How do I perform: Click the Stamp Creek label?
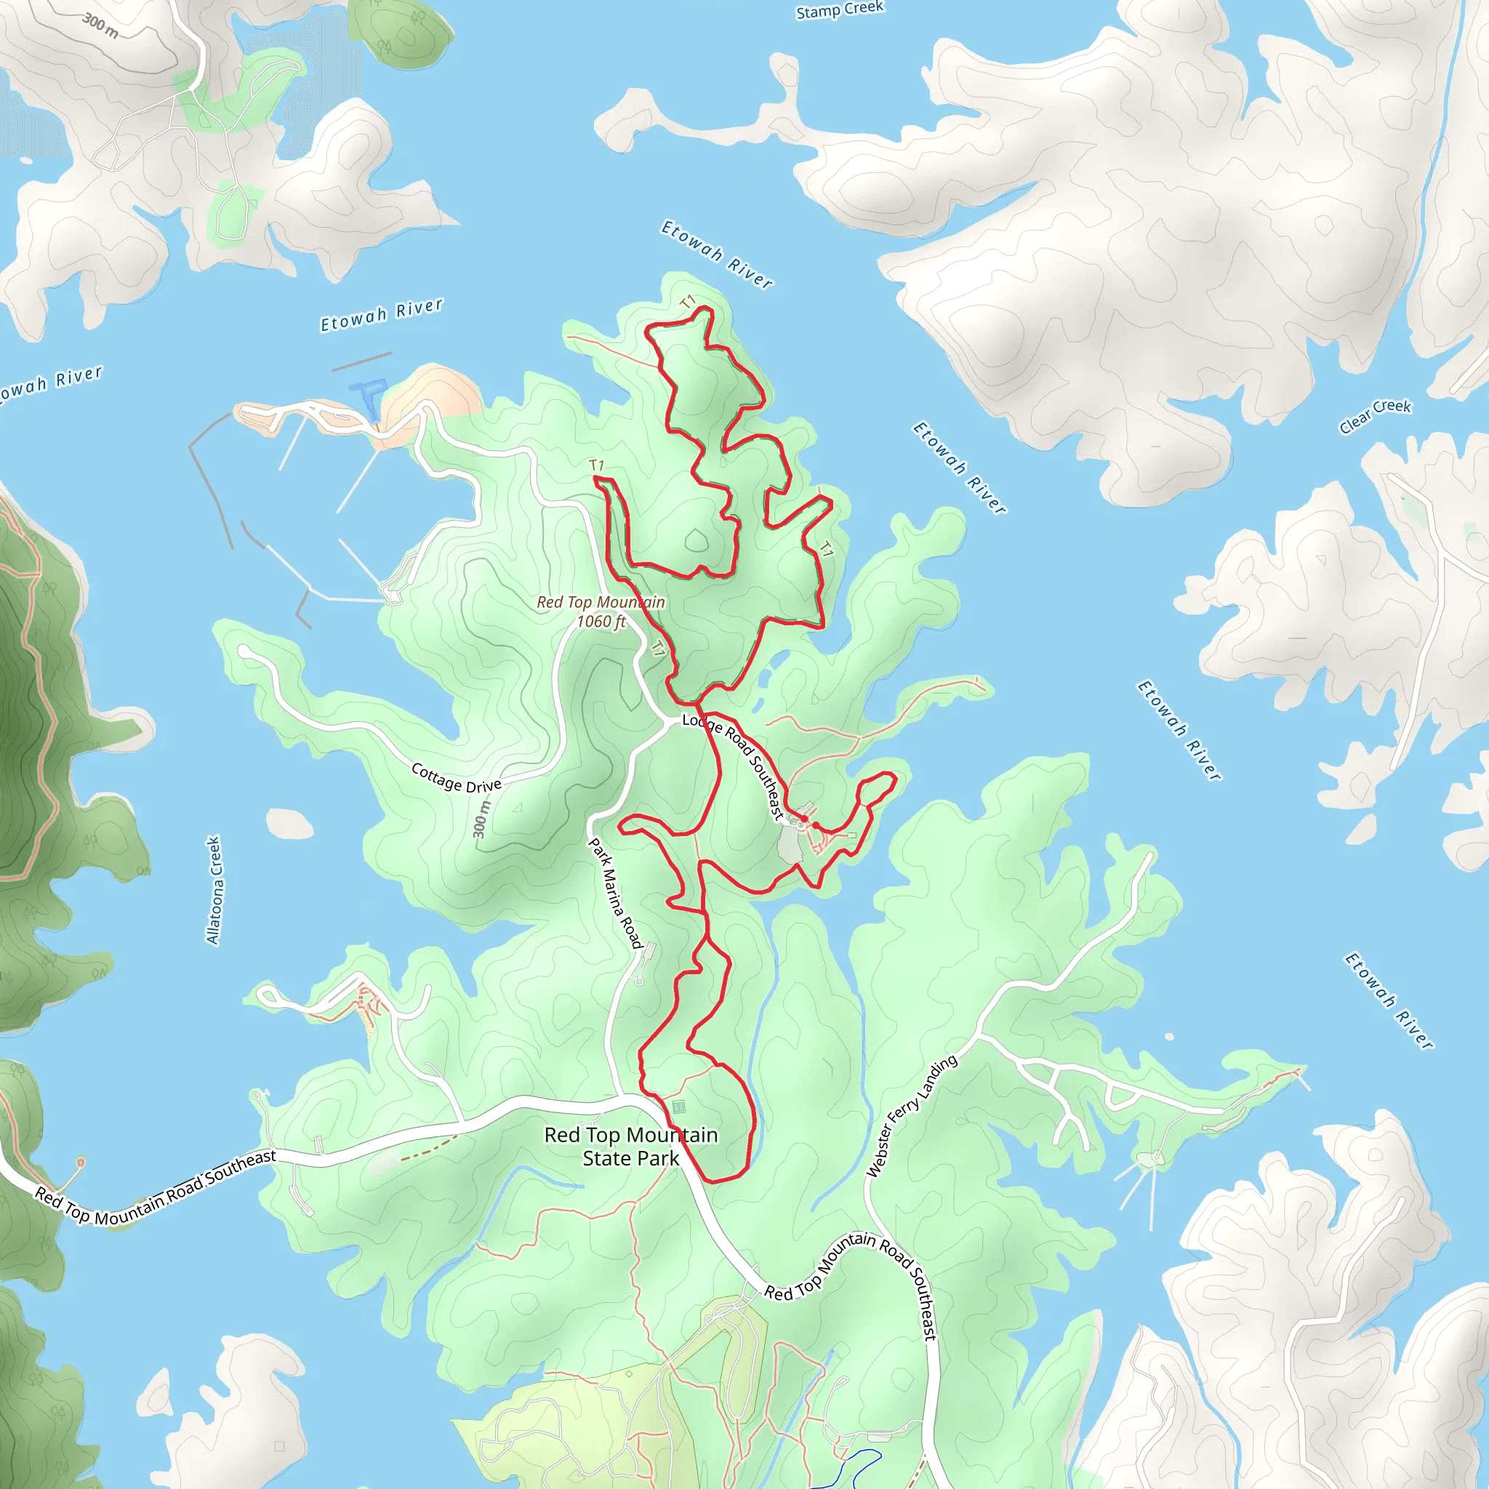click(839, 10)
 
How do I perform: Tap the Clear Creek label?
click(1375, 416)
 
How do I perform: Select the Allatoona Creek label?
click(214, 890)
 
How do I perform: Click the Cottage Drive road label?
click(457, 779)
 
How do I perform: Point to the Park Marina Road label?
click(615, 894)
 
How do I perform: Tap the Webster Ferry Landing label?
click(912, 1115)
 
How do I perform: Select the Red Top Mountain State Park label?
click(630, 1146)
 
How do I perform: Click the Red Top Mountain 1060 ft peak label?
click(601, 611)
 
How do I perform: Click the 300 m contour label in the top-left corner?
click(101, 25)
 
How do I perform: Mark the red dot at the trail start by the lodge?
click(804, 819)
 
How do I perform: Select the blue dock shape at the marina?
click(368, 396)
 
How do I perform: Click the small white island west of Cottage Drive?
click(290, 824)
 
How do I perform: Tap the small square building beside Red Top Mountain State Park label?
click(678, 1107)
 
